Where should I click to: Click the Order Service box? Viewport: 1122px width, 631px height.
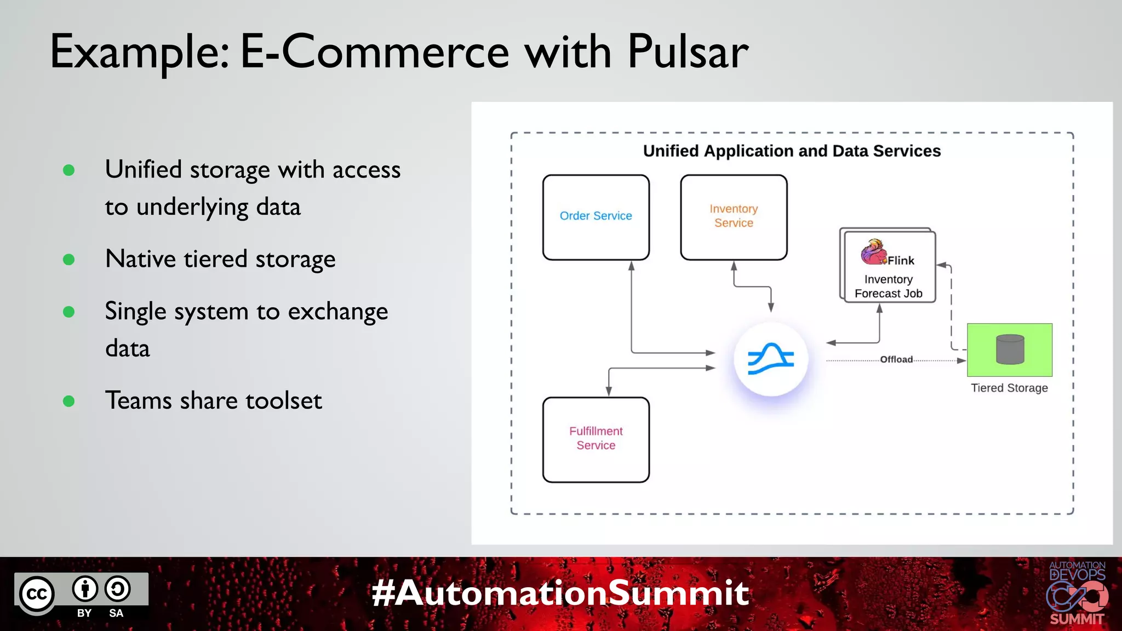pyautogui.click(x=596, y=217)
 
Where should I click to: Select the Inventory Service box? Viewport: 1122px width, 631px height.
pyautogui.click(x=734, y=217)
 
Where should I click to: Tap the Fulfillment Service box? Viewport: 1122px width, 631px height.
pyautogui.click(x=596, y=439)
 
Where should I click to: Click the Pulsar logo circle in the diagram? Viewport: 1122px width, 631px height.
pyautogui.click(x=771, y=359)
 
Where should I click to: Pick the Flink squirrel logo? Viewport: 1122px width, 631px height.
pyautogui.click(x=873, y=252)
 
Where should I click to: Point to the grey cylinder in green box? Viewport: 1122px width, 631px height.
pyautogui.click(x=1010, y=349)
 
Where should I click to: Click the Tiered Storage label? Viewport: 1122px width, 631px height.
pyautogui.click(x=1009, y=388)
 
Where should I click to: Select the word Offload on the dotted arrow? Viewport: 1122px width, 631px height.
pyautogui.click(x=896, y=359)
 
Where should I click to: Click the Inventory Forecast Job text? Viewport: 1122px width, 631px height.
pyautogui.click(x=888, y=286)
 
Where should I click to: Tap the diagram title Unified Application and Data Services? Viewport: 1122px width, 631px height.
pyautogui.click(x=792, y=151)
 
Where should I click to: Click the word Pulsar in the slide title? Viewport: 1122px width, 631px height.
pyautogui.click(x=688, y=52)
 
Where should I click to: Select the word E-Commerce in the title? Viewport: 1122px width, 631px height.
pyautogui.click(x=375, y=52)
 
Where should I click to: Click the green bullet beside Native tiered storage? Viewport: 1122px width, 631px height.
pyautogui.click(x=69, y=259)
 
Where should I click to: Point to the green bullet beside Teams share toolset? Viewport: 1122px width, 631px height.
pyautogui.click(x=69, y=401)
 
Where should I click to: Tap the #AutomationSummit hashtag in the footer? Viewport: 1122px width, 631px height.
pyautogui.click(x=560, y=593)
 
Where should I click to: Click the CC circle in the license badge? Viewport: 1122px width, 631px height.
pyautogui.click(x=37, y=594)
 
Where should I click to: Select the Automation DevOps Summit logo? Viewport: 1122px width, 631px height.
pyautogui.click(x=1077, y=593)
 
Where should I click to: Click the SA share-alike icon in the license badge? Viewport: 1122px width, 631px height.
pyautogui.click(x=117, y=589)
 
